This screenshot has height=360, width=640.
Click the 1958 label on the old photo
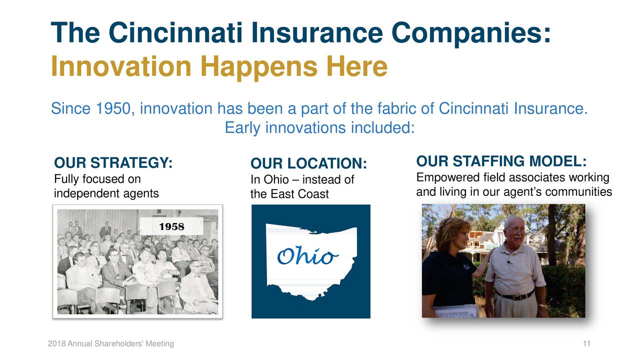click(x=171, y=226)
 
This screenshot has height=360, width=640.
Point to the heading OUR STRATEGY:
click(x=113, y=163)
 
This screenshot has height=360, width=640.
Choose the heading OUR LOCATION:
click(x=308, y=164)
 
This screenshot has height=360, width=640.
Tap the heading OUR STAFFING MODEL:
click(x=501, y=162)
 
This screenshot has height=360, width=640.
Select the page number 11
click(x=587, y=343)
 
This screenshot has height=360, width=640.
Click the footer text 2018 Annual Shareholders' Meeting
click(x=111, y=343)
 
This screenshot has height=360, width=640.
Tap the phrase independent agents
click(x=106, y=193)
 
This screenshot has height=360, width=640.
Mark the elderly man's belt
click(x=515, y=295)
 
